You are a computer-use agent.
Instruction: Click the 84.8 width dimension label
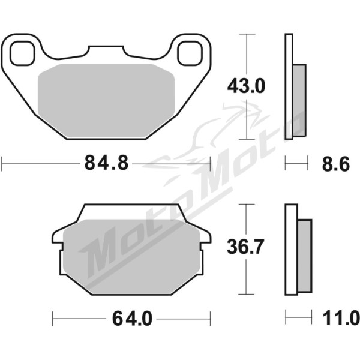click(x=106, y=163)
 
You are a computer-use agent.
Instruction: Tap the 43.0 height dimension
click(x=246, y=86)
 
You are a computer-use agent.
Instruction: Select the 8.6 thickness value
click(x=335, y=164)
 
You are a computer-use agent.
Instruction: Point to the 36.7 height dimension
click(x=245, y=247)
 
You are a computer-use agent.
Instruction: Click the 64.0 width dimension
click(x=132, y=319)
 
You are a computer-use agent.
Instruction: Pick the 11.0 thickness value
click(x=341, y=318)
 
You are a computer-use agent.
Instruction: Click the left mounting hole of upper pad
click(x=22, y=53)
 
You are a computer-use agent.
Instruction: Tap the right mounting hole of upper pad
click(x=190, y=53)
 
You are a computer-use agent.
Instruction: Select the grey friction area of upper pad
click(x=106, y=101)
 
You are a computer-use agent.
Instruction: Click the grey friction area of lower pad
click(x=131, y=256)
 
